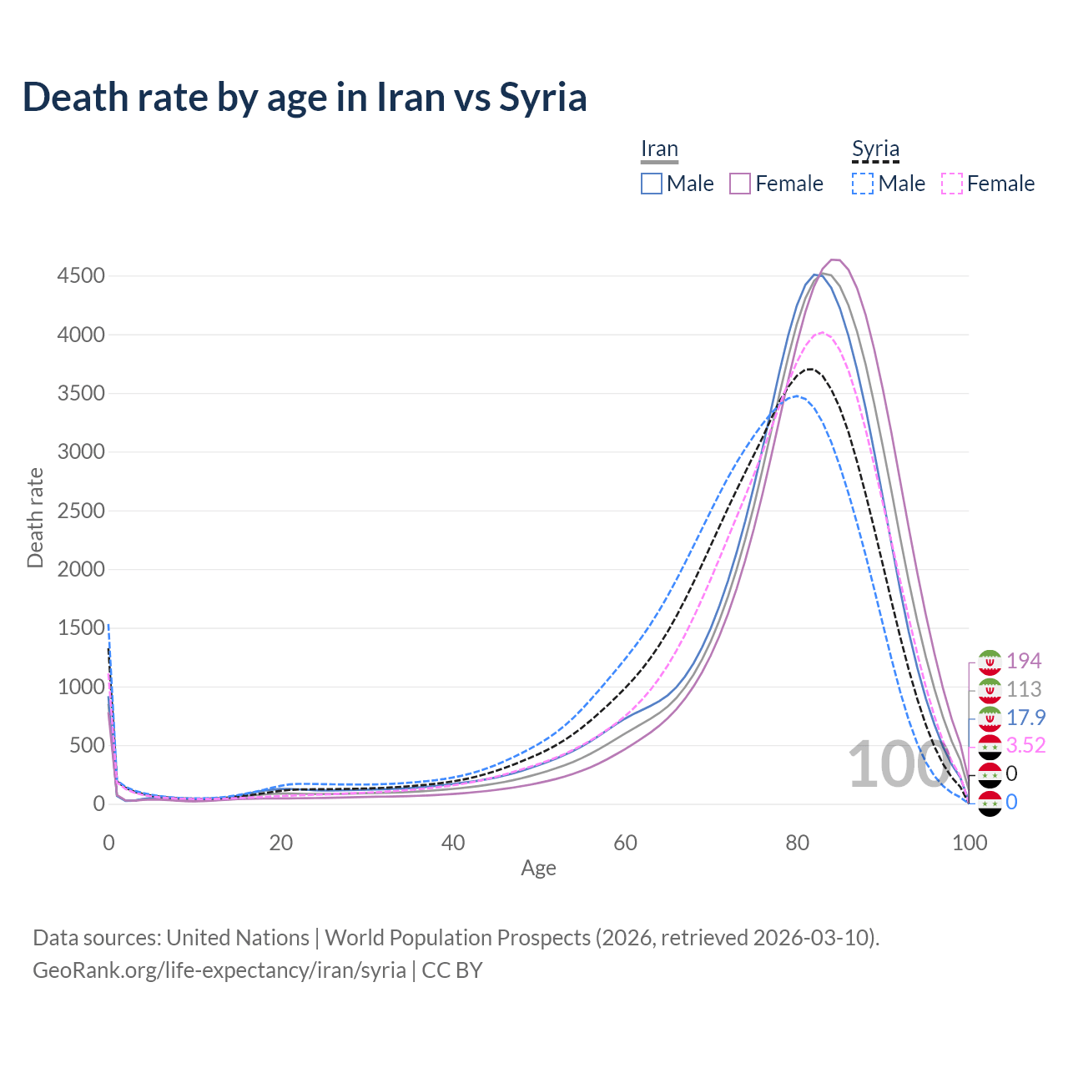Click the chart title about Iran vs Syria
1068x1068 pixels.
pos(305,97)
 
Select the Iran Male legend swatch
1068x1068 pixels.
pos(652,184)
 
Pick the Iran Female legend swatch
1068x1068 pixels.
pos(740,184)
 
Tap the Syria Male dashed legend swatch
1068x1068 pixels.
pos(863,184)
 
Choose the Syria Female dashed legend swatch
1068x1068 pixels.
pos(952,184)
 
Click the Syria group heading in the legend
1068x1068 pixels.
pos(875,149)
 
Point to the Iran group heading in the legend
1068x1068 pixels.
pos(659,149)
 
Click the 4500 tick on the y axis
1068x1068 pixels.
pos(81,276)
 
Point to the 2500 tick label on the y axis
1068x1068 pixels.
pos(81,511)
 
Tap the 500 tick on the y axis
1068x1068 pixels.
pos(87,745)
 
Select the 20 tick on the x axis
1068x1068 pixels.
pos(281,843)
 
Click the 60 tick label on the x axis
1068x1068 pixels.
pos(625,843)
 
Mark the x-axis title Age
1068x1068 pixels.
pos(538,868)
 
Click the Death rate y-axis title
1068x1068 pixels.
pos(35,518)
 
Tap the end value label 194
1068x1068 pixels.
pos(1024,661)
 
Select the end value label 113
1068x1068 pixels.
pos(1024,689)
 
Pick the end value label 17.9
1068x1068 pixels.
pos(1025,718)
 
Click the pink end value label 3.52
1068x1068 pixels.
pos(1025,745)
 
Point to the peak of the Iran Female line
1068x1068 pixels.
pos(834,259)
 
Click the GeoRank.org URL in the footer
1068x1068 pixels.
pos(219,970)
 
